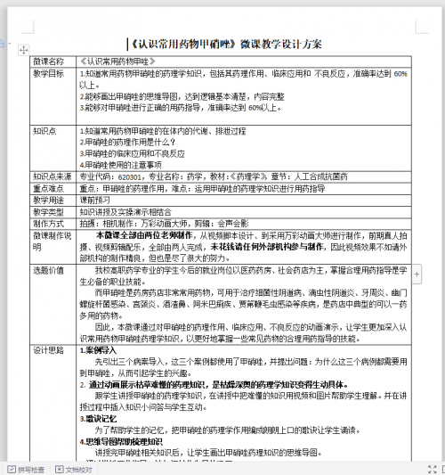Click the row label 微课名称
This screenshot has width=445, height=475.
[x=50, y=61]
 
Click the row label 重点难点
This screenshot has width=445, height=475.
[x=50, y=189]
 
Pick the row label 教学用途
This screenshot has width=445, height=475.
[x=50, y=201]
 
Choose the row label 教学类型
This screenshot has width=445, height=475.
[x=50, y=212]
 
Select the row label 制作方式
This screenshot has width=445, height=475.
[x=50, y=224]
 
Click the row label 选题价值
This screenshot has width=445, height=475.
[x=50, y=269]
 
